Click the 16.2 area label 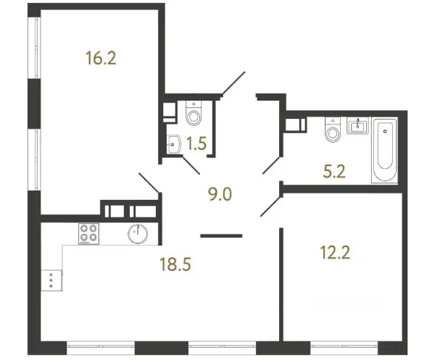101,58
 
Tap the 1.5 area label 196,143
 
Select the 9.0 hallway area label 220,194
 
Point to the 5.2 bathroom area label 334,171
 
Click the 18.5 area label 175,264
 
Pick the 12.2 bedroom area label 335,253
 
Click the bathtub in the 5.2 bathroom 385,151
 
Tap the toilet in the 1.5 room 194,113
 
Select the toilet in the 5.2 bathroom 333,130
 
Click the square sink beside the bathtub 357,125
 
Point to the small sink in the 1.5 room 174,144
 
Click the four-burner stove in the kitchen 88,234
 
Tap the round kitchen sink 138,234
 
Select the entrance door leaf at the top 233,83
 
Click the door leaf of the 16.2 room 149,183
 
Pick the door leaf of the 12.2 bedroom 271,206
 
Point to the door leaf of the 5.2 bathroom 272,165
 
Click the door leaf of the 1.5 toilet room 191,165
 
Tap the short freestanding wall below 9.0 221,236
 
